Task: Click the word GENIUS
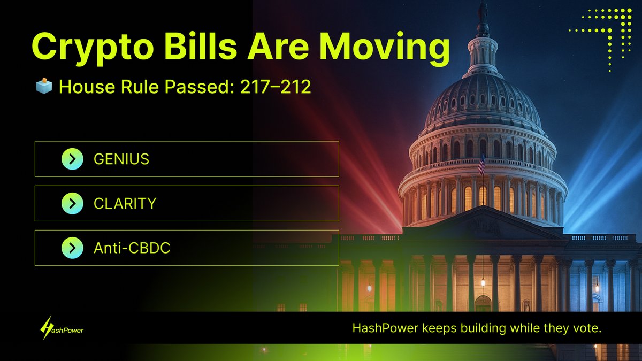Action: point(121,159)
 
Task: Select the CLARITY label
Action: point(125,203)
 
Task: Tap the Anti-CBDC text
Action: point(132,248)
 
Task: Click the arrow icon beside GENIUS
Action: point(72,159)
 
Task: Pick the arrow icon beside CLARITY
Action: point(72,203)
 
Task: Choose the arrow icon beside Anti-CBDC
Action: point(72,248)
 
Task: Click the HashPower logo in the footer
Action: point(62,328)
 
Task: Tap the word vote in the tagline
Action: point(587,328)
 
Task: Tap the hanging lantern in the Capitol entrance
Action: point(483,281)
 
